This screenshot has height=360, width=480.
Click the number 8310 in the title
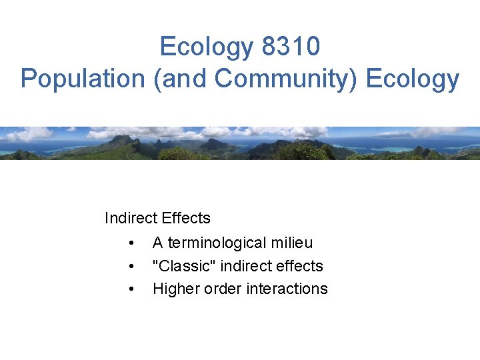click(291, 47)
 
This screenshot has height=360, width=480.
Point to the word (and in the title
click(181, 79)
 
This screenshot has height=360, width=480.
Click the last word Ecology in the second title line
click(413, 79)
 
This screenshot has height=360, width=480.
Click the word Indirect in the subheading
click(129, 218)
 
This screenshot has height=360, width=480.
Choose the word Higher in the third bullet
click(175, 289)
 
